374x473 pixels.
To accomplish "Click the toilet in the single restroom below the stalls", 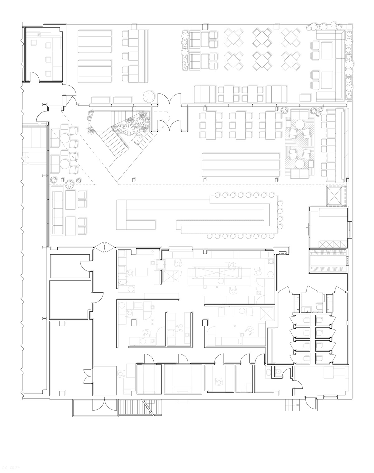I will tap(279, 371).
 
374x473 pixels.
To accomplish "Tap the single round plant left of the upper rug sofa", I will tap(284, 110).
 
